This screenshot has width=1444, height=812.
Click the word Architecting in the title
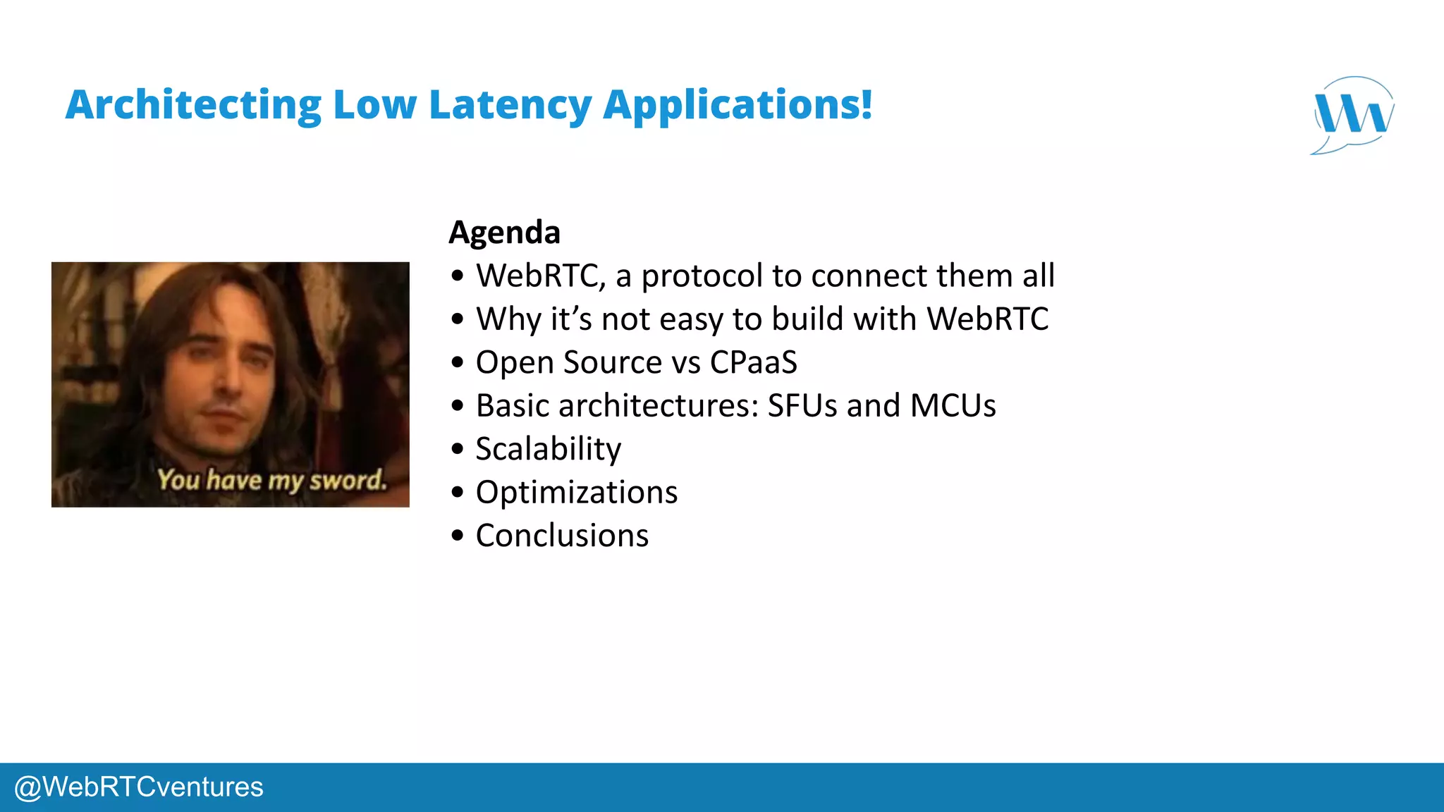coord(193,106)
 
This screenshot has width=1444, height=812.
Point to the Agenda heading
coord(504,233)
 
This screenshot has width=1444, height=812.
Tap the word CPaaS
coord(753,362)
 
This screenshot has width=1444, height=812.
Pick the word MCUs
coord(953,406)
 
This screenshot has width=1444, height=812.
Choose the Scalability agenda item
coord(548,449)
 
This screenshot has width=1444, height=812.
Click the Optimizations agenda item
coord(576,492)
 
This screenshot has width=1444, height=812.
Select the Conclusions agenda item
coord(562,536)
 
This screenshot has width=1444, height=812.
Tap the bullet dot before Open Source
coord(458,363)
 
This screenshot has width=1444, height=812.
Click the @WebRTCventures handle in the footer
coord(139,787)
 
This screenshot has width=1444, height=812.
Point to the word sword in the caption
coord(348,481)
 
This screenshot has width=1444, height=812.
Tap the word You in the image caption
coord(178,480)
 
